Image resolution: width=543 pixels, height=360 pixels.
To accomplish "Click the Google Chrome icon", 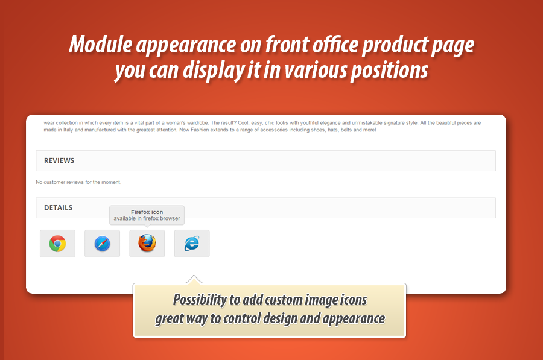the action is point(57,244).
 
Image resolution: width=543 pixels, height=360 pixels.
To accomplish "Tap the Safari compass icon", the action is point(102,244).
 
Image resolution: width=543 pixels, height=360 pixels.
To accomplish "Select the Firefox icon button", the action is point(147,244).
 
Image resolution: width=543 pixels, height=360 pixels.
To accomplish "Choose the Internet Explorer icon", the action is point(192,244).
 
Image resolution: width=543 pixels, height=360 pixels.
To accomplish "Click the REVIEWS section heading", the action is point(59,160).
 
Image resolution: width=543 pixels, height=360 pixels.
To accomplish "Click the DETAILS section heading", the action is point(58,207).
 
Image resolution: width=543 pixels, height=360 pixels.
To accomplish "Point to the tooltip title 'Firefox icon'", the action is point(147,212).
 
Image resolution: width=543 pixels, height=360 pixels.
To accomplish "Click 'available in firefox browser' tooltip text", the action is point(147,218).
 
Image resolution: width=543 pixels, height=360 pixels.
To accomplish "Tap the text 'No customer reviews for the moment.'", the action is point(78,182).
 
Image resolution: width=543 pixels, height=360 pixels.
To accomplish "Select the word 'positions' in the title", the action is point(390,71).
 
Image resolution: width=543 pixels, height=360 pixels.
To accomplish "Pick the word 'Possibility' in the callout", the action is point(200,300).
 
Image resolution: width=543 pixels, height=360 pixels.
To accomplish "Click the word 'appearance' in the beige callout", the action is point(354,319).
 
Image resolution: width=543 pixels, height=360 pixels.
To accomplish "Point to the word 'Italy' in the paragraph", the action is point(68,130).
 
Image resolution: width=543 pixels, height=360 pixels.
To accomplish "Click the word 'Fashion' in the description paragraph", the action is point(200,130).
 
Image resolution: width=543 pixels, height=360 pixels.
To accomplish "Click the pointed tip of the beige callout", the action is point(194,276).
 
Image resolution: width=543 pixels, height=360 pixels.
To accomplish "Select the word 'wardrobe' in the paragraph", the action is point(197,123).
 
